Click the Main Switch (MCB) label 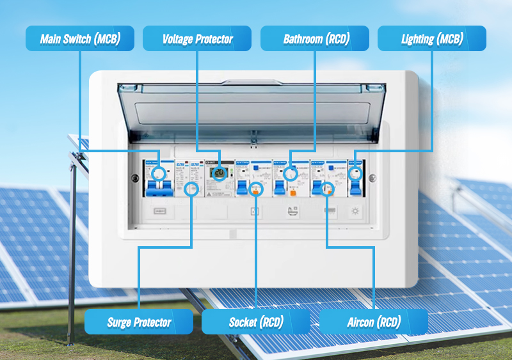tap(80, 39)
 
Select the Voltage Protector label tap(197, 39)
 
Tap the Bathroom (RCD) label tap(314, 39)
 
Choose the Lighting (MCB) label tap(432, 39)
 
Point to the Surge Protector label tap(139, 322)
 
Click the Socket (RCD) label tap(255, 322)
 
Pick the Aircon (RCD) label tap(373, 322)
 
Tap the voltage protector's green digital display tap(219, 174)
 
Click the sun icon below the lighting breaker tap(356, 212)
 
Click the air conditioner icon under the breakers tap(330, 212)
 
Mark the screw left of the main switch tap(136, 178)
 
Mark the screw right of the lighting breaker tap(373, 178)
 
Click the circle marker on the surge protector tap(191, 189)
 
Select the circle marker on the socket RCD tap(255, 189)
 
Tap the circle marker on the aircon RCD tap(328, 189)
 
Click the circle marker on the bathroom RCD tap(290, 173)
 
